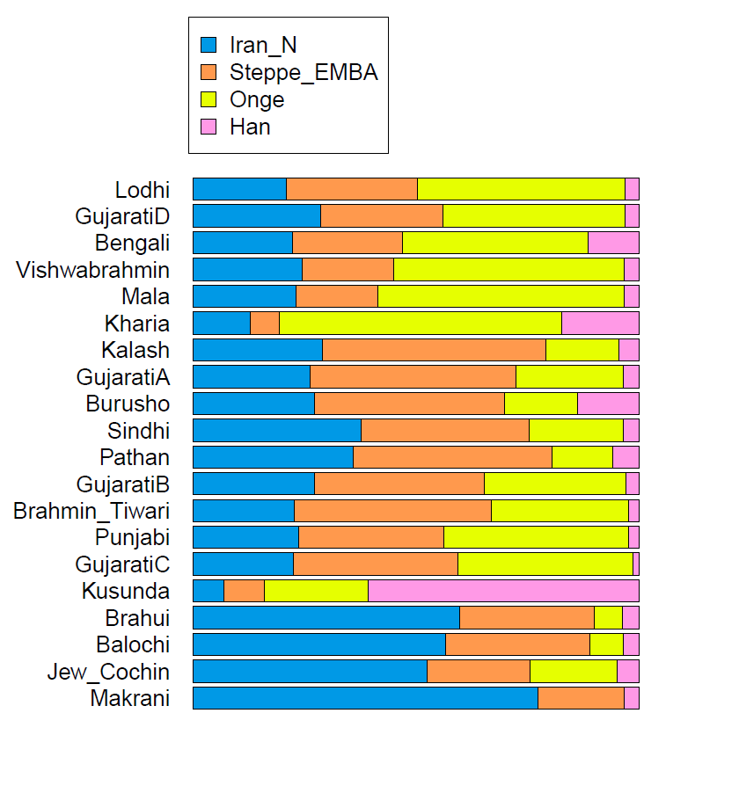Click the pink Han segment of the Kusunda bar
click(503, 591)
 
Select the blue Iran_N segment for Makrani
click(365, 698)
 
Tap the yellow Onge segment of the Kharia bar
click(421, 324)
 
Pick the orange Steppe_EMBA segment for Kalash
click(434, 350)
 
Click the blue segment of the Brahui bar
click(326, 618)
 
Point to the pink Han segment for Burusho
click(608, 404)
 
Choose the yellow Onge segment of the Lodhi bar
click(521, 189)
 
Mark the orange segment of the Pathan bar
click(452, 457)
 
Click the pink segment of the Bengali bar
click(613, 243)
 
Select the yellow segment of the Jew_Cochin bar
click(574, 672)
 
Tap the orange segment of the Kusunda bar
click(244, 591)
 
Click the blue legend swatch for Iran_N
click(209, 45)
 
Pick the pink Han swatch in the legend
click(209, 127)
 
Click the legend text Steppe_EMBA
click(304, 72)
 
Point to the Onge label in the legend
click(257, 99)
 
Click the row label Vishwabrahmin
click(93, 270)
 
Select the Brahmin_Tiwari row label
click(91, 511)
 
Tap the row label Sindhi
click(138, 431)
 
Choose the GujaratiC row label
click(122, 564)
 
